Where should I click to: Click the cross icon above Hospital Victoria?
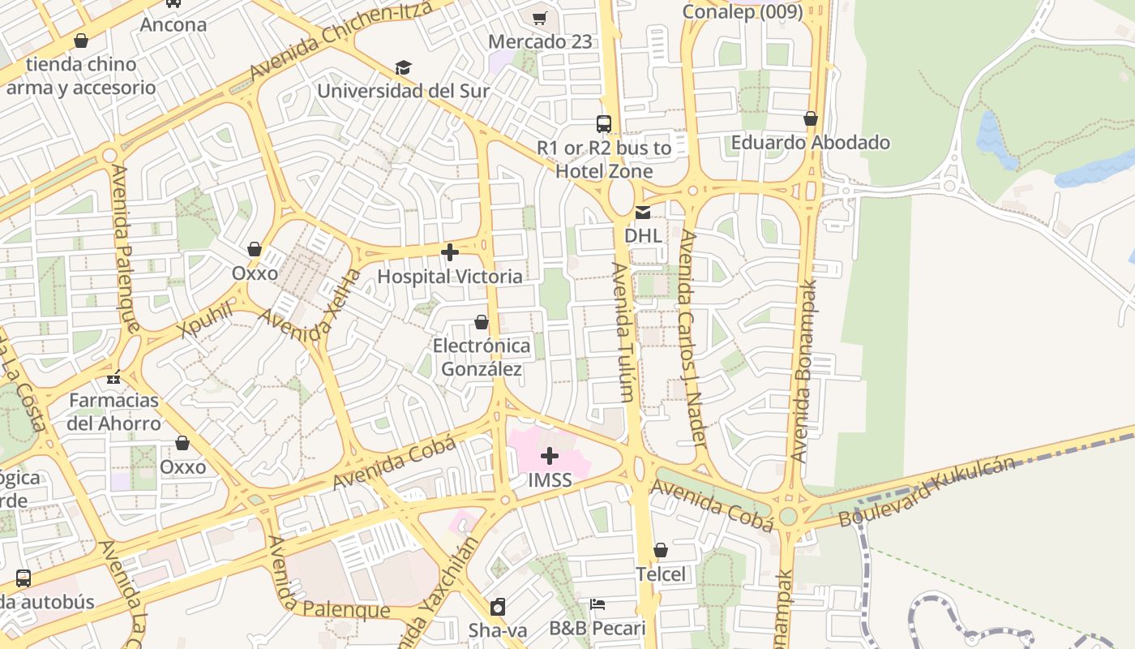[450, 252]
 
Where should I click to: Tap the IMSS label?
[550, 480]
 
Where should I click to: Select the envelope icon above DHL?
[643, 213]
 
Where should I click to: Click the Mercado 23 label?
[540, 41]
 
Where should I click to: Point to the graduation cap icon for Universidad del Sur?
[403, 67]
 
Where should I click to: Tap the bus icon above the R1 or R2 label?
[604, 124]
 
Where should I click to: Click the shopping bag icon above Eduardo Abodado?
[810, 119]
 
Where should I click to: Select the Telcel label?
[660, 574]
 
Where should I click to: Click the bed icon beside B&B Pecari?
[597, 604]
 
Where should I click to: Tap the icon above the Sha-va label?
[498, 607]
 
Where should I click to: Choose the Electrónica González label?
[482, 358]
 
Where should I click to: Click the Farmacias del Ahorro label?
[113, 411]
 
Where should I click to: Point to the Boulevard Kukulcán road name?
[927, 491]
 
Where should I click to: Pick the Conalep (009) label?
[742, 11]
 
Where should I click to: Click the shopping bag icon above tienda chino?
[81, 41]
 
